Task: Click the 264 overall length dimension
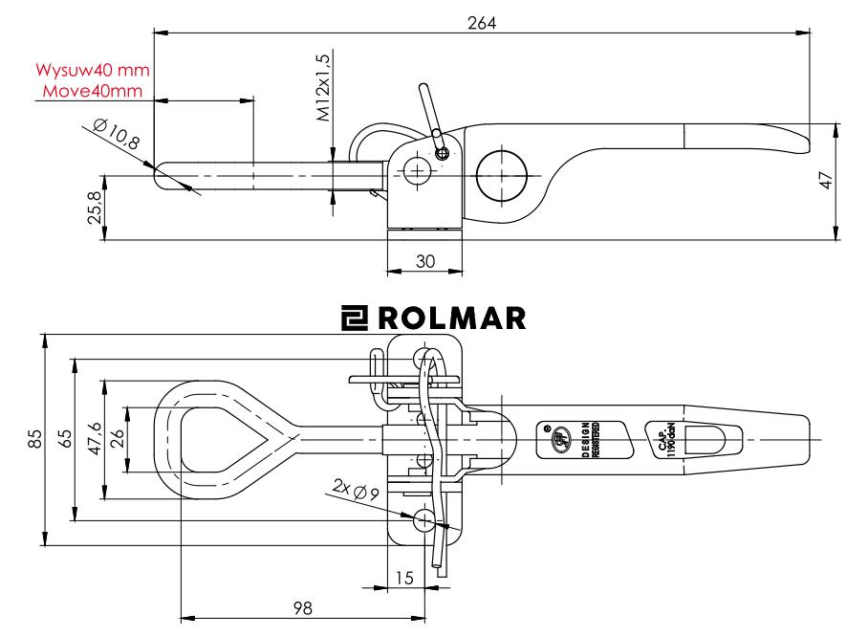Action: coord(481,20)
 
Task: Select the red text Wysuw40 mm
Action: coord(95,72)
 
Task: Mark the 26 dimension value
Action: coord(118,441)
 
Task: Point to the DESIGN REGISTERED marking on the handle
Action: coord(586,440)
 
